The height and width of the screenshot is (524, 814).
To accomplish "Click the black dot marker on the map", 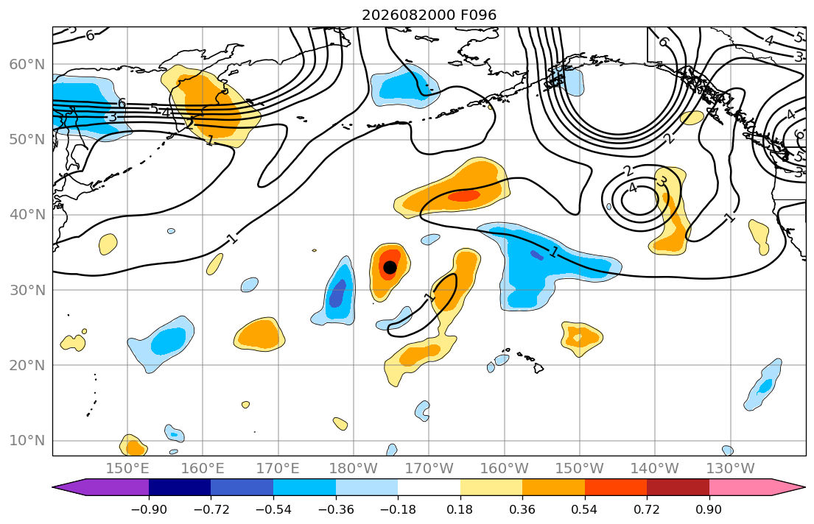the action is point(390,267).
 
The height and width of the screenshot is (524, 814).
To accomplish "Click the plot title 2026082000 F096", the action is point(429,15).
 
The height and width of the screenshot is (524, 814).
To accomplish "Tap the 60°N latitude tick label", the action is point(27,64).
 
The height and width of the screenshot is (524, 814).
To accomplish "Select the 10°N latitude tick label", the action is point(27,441).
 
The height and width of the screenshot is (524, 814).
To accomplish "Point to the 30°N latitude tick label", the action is point(27,290).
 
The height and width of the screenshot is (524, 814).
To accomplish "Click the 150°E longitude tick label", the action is point(127,469).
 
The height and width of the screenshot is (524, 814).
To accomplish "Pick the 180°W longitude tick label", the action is point(354,469).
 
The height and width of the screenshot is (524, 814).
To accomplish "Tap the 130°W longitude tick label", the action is point(731,469).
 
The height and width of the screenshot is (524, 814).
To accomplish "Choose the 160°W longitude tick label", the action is point(504,469).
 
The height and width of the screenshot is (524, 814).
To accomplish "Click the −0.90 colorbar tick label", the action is point(149,509).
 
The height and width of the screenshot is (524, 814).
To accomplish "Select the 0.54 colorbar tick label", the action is point(585,509).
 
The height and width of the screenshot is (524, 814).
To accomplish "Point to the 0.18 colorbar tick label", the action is point(460,509).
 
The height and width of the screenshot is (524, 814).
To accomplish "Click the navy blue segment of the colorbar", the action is point(180,487).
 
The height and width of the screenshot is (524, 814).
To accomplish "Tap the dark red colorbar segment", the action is point(678,487).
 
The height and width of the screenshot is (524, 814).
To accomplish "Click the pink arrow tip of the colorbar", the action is point(804,487).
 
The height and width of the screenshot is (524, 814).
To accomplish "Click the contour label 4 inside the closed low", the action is point(632,188).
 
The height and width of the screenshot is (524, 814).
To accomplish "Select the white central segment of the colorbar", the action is point(429,487).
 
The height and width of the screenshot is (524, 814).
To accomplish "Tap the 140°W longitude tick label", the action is point(655,469).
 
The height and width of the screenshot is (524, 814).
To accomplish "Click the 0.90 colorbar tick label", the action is point(709,509).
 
